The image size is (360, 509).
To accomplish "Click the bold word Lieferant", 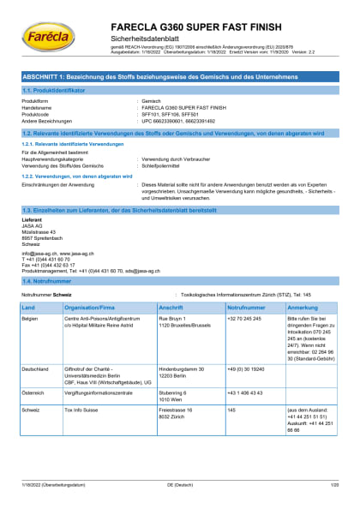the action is point(32,219).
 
